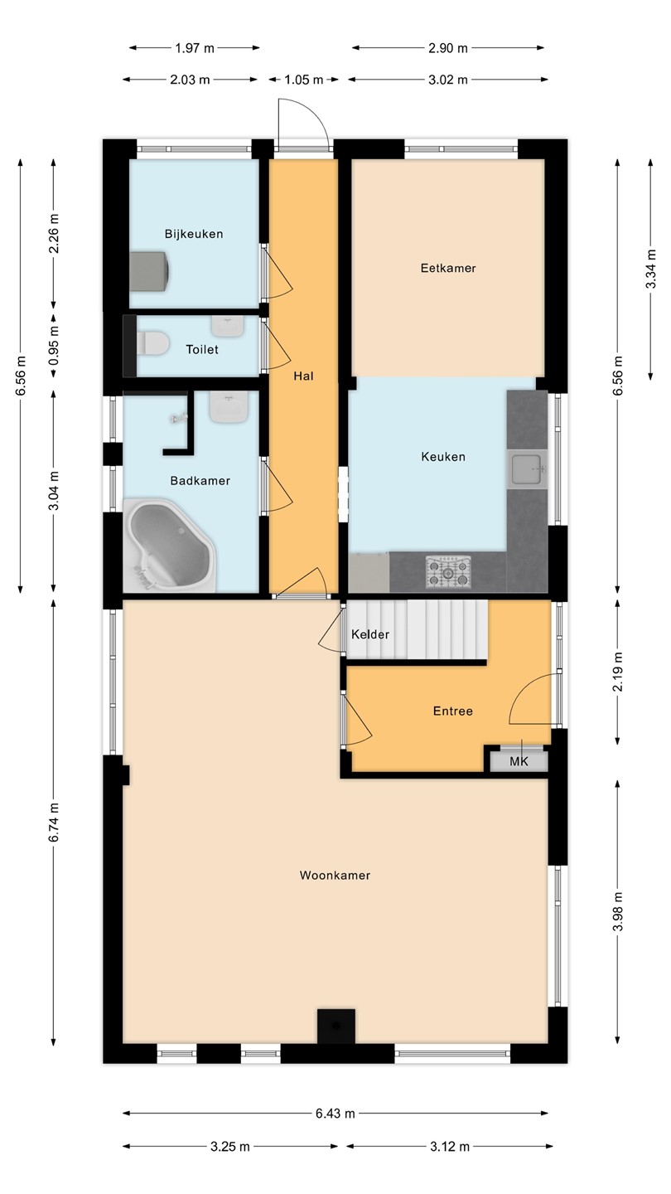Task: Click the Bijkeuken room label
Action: pos(193,234)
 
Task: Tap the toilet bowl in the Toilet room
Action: pos(152,342)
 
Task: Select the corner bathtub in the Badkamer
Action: pos(169,546)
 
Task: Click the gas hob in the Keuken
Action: pos(448,572)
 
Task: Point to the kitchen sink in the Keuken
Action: pos(527,469)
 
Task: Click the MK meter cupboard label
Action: pos(519,762)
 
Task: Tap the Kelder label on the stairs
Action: pos(370,634)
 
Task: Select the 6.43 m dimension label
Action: pos(335,1113)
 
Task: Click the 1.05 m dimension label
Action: pos(303,80)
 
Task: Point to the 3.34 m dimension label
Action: pos(650,269)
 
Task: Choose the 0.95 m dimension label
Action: pos(54,345)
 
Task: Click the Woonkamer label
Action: pos(335,876)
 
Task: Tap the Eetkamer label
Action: pos(448,268)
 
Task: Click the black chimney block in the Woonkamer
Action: pos(336,1027)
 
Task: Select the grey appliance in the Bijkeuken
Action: pos(150,272)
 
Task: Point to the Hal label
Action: pos(303,376)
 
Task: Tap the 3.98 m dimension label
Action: pos(618,911)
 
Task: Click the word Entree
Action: pos(452,711)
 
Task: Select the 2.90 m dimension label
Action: pos(448,48)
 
